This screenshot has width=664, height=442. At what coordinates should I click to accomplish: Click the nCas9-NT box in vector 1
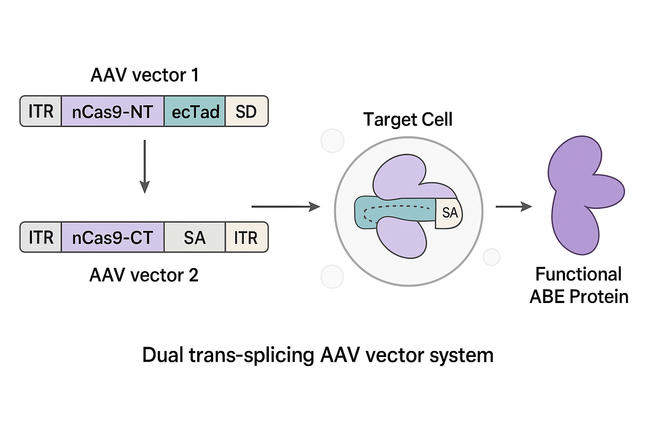point(113,111)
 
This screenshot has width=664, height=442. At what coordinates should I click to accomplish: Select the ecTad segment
point(195,111)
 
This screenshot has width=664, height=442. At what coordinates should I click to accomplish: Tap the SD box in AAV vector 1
point(247,111)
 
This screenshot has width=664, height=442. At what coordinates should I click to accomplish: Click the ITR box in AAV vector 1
point(41,111)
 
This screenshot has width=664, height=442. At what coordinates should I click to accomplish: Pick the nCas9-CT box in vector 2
point(113,237)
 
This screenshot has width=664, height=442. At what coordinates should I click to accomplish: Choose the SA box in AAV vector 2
point(195,237)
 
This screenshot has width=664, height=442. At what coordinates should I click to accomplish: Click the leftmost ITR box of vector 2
point(41,237)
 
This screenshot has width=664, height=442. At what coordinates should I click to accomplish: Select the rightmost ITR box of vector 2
point(247,237)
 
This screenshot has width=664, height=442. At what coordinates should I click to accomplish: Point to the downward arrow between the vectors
point(145,167)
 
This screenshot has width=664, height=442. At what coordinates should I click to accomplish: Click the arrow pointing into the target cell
point(286,207)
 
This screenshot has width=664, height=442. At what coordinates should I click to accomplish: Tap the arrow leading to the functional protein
point(514,207)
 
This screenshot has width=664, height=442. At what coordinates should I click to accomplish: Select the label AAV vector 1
point(145,75)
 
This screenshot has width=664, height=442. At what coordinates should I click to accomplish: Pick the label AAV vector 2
point(144,275)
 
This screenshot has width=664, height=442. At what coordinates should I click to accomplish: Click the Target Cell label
point(408,119)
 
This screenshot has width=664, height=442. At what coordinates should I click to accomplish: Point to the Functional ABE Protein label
point(579,285)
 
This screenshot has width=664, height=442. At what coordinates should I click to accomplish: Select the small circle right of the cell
point(492,257)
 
